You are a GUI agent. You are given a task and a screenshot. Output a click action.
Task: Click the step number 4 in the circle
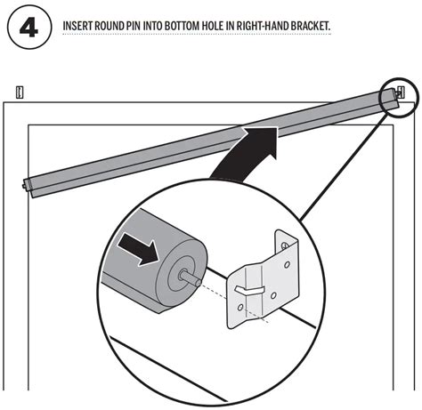coord(28,26)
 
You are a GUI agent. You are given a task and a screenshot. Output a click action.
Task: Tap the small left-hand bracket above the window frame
coord(20,92)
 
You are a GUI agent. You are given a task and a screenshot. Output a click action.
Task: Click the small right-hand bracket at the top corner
coord(401,92)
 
